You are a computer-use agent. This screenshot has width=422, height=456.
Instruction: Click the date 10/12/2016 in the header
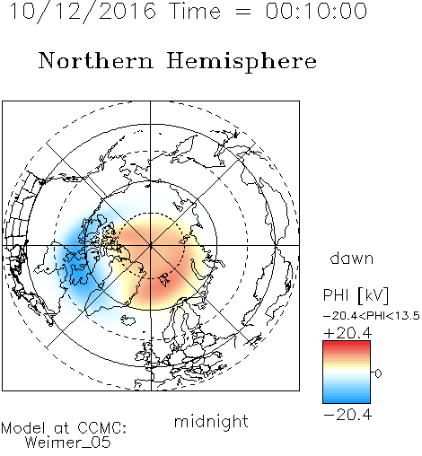coord(83,12)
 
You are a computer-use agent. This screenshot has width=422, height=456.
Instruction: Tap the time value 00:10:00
coord(316,11)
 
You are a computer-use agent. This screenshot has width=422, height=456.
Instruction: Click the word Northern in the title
coord(96,60)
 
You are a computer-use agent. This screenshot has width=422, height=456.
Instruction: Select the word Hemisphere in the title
coord(242,62)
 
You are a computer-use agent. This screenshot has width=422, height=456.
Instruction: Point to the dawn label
coord(352,259)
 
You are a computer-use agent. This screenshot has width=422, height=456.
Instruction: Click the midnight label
coord(211,422)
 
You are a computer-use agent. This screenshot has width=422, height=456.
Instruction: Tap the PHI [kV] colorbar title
coord(356,295)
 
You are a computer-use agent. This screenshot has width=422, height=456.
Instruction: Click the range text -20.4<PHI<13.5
coord(372,316)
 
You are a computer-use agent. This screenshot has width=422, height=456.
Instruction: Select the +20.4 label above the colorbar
coord(347,333)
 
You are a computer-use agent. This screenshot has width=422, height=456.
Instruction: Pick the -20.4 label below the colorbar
coord(347,415)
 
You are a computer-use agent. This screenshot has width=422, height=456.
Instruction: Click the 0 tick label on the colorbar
coord(378,373)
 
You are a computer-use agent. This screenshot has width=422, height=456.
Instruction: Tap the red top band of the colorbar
coord(347,345)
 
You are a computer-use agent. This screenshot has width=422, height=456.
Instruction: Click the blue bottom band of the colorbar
coord(347,399)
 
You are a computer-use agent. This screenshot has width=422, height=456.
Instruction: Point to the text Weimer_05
coord(68,442)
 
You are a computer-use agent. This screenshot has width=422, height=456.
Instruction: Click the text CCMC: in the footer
coord(101,428)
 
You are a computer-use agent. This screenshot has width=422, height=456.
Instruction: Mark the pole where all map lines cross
coord(151,246)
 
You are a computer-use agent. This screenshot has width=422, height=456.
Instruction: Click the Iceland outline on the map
coord(128,320)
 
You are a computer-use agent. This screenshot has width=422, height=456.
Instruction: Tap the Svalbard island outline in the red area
coord(164,279)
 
